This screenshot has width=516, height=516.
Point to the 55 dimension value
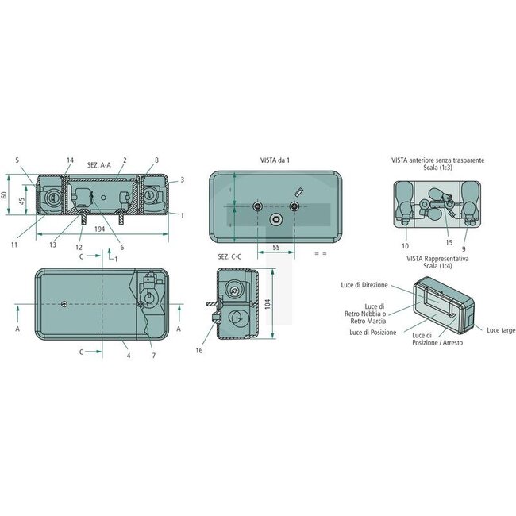click(275, 248)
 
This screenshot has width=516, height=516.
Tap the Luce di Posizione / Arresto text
click(437, 339)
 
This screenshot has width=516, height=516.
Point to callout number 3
click(182, 180)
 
